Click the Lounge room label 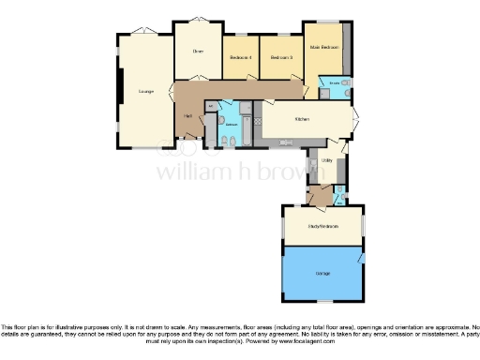(145, 91)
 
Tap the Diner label (198, 51)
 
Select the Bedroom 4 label (240, 58)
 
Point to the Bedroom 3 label (281, 58)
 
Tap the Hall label (188, 115)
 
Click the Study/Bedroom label (323, 227)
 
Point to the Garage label (322, 273)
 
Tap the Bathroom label (231, 123)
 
